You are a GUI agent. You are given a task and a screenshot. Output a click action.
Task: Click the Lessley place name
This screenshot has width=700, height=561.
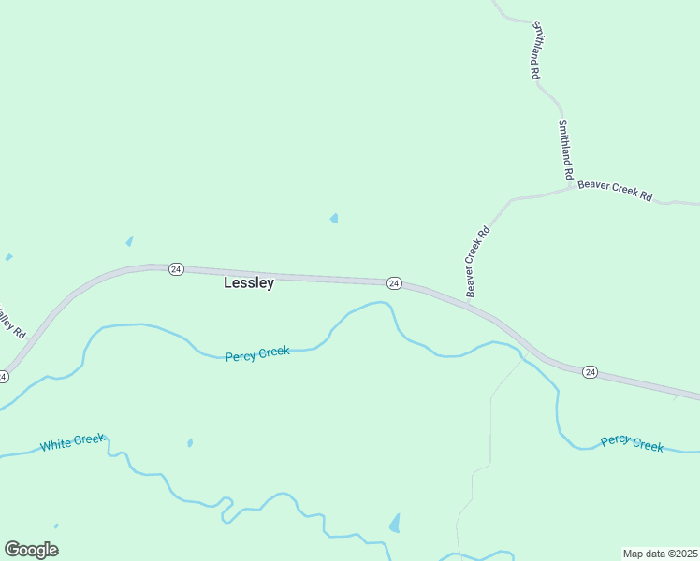coord(249,282)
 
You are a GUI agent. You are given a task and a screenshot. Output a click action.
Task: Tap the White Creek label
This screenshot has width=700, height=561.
coord(73,442)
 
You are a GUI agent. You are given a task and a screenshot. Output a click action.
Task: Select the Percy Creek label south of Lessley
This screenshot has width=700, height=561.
coord(257,353)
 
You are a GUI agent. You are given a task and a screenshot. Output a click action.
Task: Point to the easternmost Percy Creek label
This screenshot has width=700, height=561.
coord(632,442)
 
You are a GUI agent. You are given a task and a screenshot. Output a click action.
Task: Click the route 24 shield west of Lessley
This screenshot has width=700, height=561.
coord(176,269)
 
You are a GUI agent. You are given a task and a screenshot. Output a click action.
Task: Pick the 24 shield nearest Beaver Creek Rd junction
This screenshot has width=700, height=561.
coord(394,282)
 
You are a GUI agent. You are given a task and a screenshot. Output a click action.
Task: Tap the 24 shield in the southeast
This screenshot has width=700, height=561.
coord(590,372)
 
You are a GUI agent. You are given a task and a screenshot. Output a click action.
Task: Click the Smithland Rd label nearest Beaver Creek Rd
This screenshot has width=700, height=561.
coord(565,150)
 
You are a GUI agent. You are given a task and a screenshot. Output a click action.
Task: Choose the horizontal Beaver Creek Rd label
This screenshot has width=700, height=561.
coord(614,190)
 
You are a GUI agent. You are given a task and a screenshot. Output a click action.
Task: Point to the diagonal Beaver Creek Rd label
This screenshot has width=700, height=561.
coord(478,262)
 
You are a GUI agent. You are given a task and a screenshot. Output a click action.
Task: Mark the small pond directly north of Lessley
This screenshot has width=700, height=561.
coord(334,219)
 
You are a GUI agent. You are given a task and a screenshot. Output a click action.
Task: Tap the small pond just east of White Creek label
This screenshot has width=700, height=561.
coord(190,442)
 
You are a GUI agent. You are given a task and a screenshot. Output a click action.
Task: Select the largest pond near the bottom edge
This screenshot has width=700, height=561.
coord(395,523)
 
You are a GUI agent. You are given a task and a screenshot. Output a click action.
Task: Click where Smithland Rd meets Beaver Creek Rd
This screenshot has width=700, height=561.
coord(573,187)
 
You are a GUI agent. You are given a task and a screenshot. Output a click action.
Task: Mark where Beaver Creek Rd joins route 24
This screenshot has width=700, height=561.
coord(466,301)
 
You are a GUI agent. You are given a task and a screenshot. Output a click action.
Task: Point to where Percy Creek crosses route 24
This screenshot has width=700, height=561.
coord(520,352)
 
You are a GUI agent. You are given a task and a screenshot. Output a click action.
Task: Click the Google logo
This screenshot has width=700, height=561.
coord(31,550)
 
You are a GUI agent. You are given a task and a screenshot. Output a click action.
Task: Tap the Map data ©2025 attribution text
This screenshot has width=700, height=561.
coord(660,554)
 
